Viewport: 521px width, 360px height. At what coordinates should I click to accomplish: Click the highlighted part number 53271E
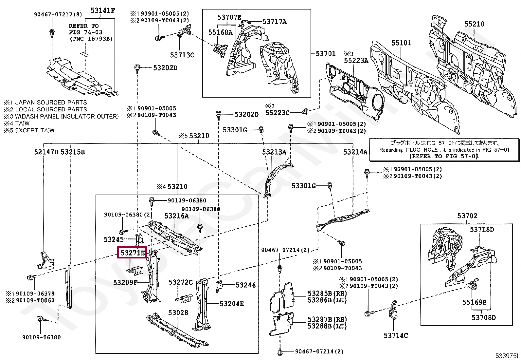[x=132, y=253]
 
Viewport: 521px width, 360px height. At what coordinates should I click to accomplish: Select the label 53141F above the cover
[x=103, y=10]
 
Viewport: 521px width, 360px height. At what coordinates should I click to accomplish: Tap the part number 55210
[x=474, y=24]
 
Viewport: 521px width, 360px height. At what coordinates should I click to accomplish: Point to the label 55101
[x=401, y=43]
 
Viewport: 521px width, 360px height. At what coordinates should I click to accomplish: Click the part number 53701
[x=326, y=53]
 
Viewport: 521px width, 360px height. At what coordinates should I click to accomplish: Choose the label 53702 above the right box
[x=467, y=216]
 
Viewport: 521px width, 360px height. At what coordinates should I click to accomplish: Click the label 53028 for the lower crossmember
[x=178, y=313]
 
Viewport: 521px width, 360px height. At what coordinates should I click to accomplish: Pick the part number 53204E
[x=232, y=304]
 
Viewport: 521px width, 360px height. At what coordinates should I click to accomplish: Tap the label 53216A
[x=176, y=216]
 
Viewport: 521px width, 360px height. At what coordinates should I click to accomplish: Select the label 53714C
[x=396, y=335]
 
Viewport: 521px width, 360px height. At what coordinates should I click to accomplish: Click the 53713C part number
[x=182, y=55]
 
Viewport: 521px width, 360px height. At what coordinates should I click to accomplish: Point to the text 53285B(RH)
[x=327, y=294]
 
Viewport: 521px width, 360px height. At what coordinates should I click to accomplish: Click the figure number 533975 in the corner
[x=507, y=355]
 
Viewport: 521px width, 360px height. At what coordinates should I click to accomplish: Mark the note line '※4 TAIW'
[x=17, y=123]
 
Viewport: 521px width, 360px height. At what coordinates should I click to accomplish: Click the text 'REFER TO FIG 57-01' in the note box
[x=444, y=156]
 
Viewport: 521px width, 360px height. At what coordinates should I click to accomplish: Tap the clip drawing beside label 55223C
[x=305, y=112]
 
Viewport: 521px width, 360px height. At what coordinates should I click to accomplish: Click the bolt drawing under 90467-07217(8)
[x=52, y=33]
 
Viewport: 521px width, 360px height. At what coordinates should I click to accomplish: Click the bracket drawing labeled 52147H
[x=46, y=260]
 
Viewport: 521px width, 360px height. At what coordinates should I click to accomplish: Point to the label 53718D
[x=482, y=229]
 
